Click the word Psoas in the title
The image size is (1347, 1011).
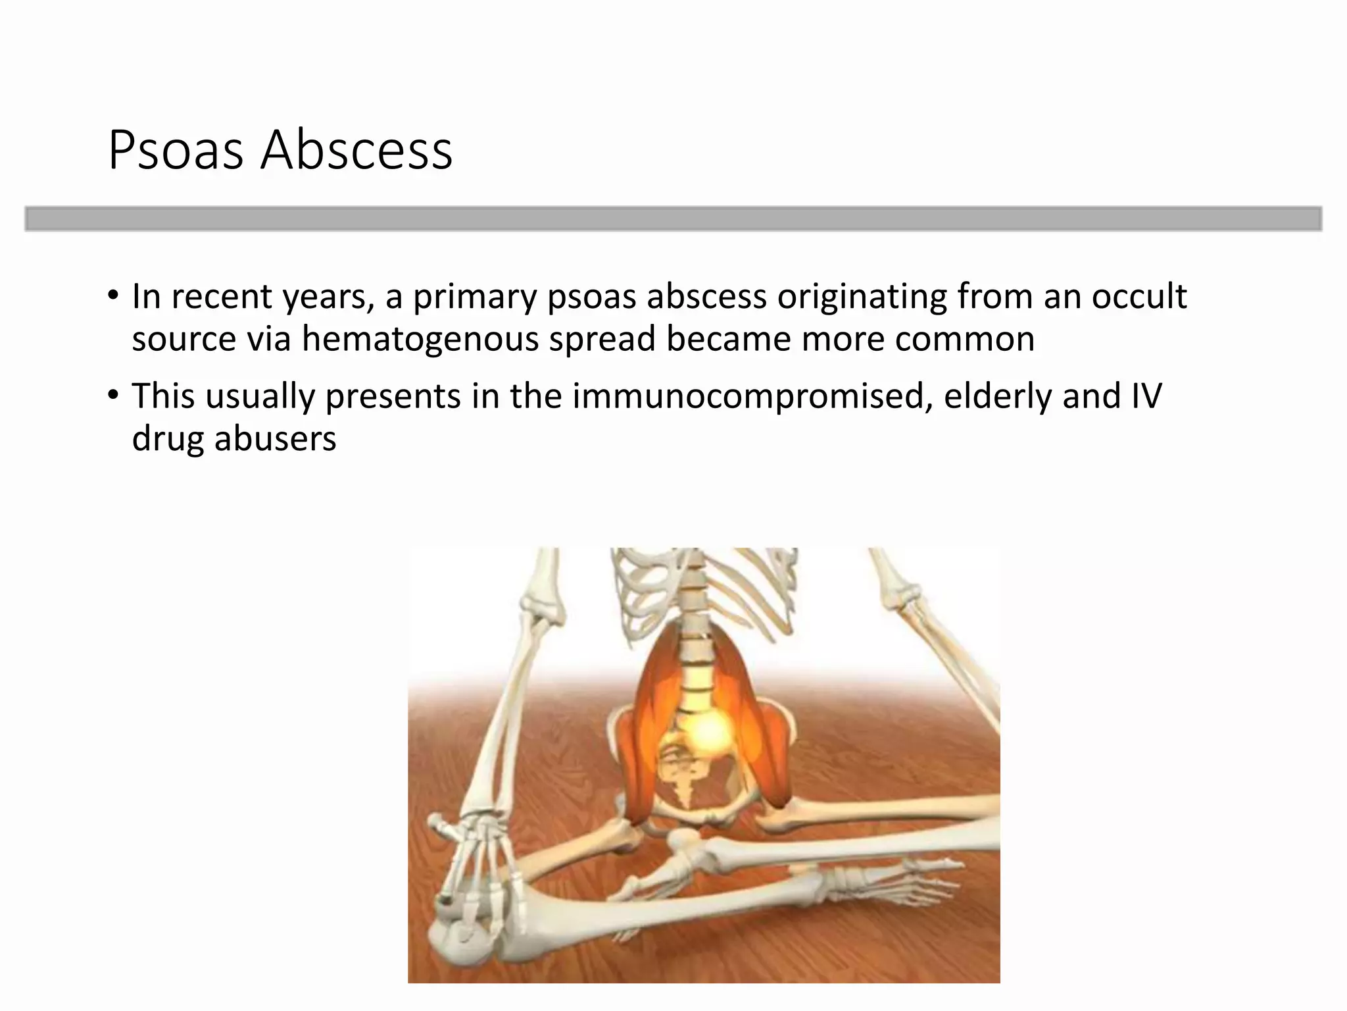176,150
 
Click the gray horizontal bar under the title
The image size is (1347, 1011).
673,219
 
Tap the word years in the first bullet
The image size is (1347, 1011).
324,298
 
